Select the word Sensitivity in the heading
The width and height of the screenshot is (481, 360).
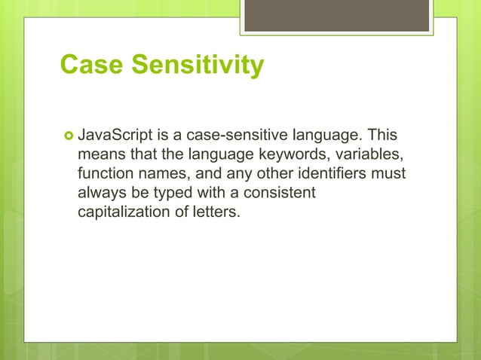(198, 66)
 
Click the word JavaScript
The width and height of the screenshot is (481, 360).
(115, 136)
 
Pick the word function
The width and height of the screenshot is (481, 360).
(104, 174)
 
